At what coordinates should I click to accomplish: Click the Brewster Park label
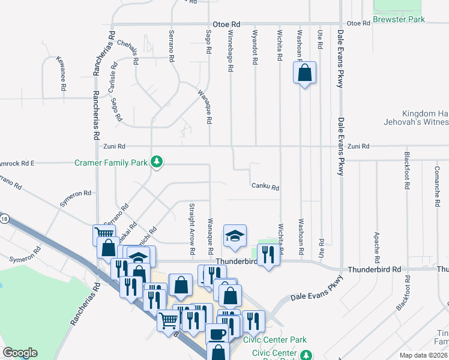(x=399, y=20)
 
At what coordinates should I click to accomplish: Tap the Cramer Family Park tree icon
(x=157, y=161)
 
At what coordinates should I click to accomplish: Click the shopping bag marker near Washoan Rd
(x=305, y=73)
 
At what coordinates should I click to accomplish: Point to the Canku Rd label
(x=265, y=187)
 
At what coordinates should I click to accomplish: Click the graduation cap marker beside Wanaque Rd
(x=235, y=236)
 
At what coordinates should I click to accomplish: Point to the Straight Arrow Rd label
(x=192, y=223)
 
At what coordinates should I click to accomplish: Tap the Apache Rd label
(x=377, y=248)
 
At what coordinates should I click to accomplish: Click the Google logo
(x=20, y=353)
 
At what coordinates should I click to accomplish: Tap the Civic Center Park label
(x=267, y=340)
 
